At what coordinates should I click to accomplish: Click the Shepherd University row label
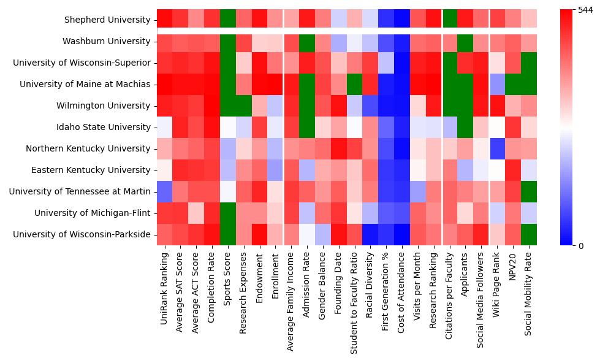click(107, 20)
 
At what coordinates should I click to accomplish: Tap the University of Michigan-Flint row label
click(92, 213)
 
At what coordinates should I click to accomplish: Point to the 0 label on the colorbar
click(582, 245)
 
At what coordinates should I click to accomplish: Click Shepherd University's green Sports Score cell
click(228, 20)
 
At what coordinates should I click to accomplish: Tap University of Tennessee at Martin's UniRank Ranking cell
click(164, 191)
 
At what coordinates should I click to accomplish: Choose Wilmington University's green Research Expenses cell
click(244, 105)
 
